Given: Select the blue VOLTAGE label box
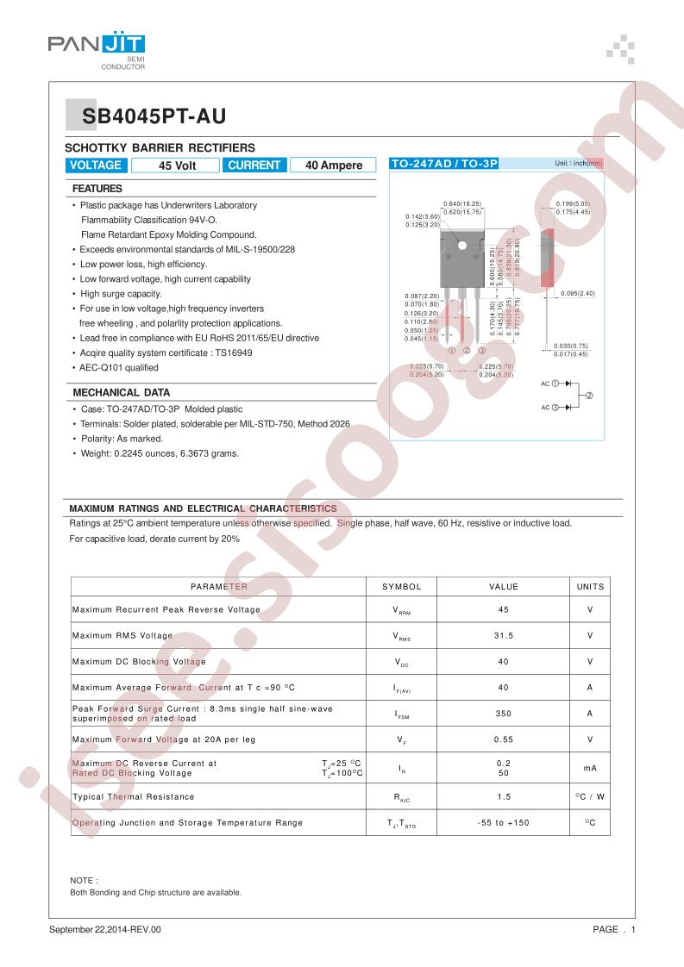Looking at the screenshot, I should (x=96, y=165).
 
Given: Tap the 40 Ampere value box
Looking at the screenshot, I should (x=334, y=165).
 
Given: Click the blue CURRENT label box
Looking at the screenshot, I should (x=254, y=165).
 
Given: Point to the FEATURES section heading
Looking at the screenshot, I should (x=97, y=188).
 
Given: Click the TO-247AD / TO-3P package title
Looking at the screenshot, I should (x=445, y=163).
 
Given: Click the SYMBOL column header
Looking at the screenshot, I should (x=401, y=587).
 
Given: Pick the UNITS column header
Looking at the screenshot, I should (x=591, y=587).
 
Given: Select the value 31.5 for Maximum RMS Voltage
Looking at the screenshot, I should (x=504, y=635).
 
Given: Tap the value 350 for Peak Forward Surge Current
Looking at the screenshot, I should (x=504, y=714).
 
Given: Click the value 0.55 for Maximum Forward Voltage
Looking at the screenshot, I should (x=504, y=739).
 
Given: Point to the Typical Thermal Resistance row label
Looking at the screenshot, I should (x=134, y=797).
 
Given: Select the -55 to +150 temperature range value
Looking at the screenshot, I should (x=504, y=823).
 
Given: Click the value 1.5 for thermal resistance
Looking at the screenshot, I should (x=504, y=797).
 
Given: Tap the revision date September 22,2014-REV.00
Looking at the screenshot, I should (x=105, y=930).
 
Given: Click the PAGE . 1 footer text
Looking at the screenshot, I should (x=614, y=930).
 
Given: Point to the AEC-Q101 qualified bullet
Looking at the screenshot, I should (x=119, y=368).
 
